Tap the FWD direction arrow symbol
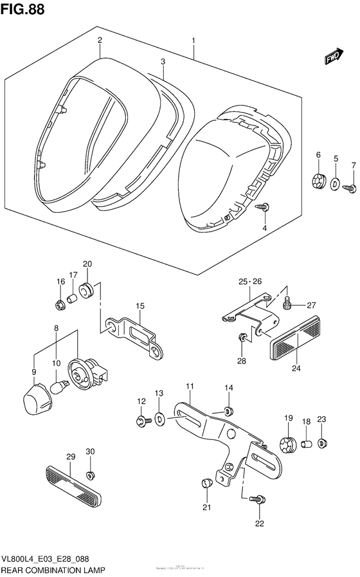point(333,59)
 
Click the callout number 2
point(100,41)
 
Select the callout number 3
point(163,62)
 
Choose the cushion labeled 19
point(288,443)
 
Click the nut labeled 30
point(91,475)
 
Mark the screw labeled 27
point(289,300)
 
